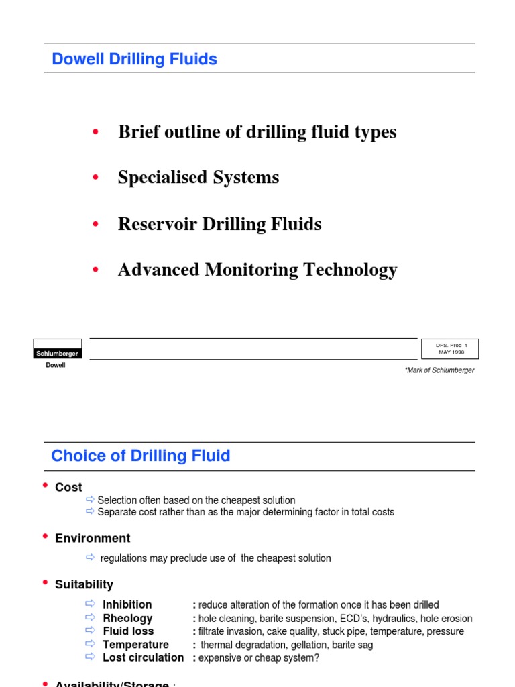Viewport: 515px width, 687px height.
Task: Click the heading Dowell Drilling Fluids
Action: (x=134, y=59)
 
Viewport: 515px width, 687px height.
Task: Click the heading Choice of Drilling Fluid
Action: (x=141, y=456)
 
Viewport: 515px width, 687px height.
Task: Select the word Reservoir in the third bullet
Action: (x=155, y=224)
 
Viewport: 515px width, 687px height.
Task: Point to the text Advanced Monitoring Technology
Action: (x=257, y=270)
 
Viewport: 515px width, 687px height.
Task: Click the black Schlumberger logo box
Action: (x=57, y=353)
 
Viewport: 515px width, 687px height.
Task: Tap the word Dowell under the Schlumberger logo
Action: (x=55, y=366)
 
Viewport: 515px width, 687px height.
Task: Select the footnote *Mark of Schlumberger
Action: (x=439, y=370)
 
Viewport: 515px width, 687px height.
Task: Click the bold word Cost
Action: (x=68, y=488)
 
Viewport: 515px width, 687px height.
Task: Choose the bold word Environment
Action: (x=93, y=539)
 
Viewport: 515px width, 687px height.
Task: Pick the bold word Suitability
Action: (x=84, y=585)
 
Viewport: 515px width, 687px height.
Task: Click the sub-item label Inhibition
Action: (x=127, y=605)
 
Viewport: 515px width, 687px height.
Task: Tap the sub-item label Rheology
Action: (x=127, y=619)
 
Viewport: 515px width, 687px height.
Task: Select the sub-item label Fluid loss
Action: (x=128, y=631)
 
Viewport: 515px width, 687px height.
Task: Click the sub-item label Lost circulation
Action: (x=143, y=657)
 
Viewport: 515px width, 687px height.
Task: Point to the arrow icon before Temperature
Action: (x=91, y=645)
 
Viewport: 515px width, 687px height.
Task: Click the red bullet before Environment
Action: (x=45, y=537)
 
